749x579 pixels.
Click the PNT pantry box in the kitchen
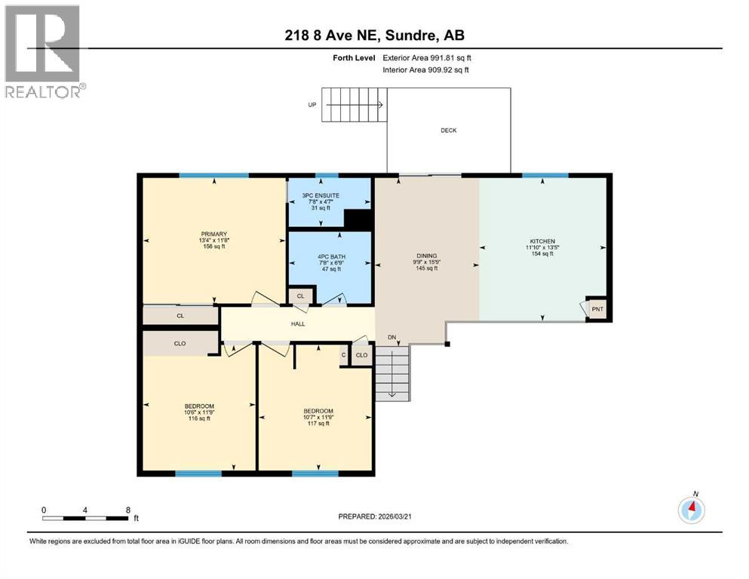597,308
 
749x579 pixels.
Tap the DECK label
448,130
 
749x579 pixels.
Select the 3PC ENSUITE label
321,195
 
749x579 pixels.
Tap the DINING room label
427,256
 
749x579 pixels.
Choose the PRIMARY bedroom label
214,234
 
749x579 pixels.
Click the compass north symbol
691,510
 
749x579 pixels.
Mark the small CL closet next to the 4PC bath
300,296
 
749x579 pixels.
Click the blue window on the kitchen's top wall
545,176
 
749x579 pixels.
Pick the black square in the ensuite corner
358,219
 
